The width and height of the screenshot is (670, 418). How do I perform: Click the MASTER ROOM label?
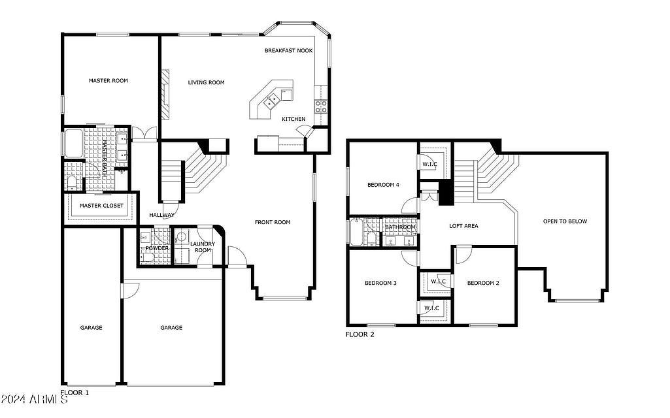pyautogui.click(x=108, y=81)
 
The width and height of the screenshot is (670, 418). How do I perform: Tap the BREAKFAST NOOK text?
pyautogui.click(x=288, y=50)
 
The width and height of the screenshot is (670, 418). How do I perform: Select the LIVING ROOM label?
pyautogui.click(x=206, y=82)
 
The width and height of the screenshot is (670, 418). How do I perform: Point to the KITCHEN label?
pyautogui.click(x=293, y=119)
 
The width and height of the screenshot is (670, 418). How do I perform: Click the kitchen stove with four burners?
pyautogui.click(x=321, y=106)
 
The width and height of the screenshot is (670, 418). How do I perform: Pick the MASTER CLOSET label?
pyautogui.click(x=101, y=206)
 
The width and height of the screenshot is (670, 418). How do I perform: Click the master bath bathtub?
pyautogui.click(x=75, y=143)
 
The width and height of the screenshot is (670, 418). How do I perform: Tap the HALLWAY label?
pyautogui.click(x=161, y=215)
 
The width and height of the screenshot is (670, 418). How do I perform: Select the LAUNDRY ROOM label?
pyautogui.click(x=203, y=248)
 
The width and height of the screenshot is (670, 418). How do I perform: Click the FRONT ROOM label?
pyautogui.click(x=273, y=222)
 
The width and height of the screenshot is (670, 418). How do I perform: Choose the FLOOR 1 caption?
pyautogui.click(x=75, y=393)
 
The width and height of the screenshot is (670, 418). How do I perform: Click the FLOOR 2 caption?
pyautogui.click(x=360, y=334)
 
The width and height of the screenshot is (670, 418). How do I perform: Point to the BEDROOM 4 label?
pyautogui.click(x=383, y=185)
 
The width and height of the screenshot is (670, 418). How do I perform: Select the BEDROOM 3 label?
pyautogui.click(x=380, y=283)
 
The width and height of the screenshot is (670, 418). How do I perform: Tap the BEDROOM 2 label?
pyautogui.click(x=483, y=283)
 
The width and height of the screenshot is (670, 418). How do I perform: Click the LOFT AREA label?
pyautogui.click(x=463, y=226)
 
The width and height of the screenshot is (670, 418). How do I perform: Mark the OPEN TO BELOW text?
pyautogui.click(x=565, y=221)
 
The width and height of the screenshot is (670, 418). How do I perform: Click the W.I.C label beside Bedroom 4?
pyautogui.click(x=430, y=165)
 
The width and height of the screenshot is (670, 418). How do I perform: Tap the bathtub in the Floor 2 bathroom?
pyautogui.click(x=357, y=232)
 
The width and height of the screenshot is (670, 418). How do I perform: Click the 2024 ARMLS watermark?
pyautogui.click(x=34, y=400)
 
